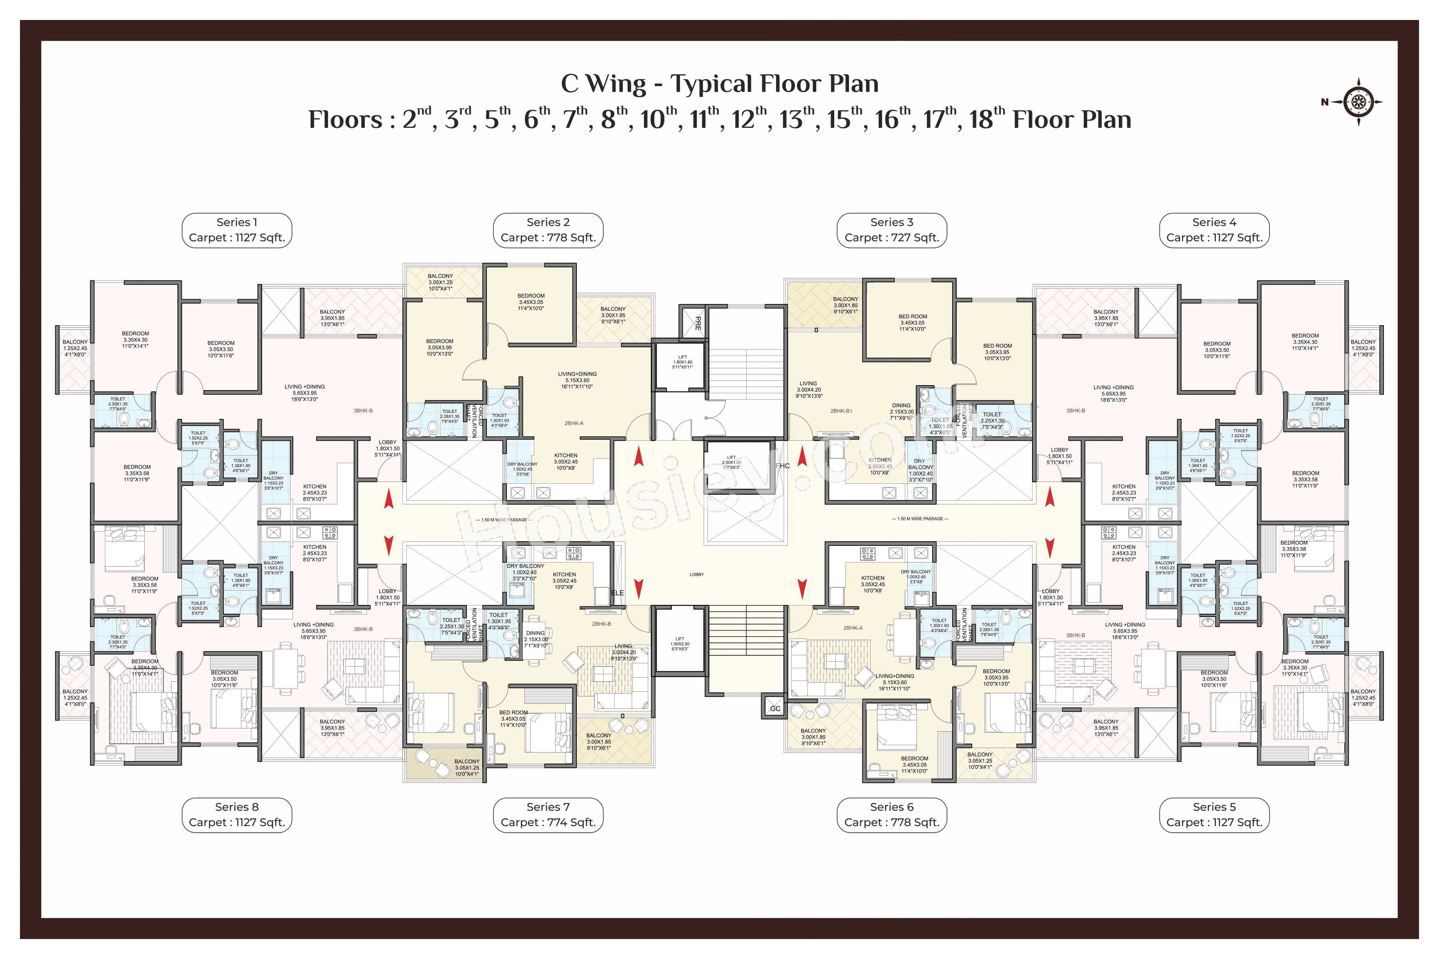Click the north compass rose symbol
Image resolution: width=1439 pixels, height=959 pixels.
tap(1358, 101)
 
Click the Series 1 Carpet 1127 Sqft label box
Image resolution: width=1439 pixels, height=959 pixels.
tap(237, 230)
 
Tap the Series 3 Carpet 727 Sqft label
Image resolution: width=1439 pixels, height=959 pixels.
tap(891, 230)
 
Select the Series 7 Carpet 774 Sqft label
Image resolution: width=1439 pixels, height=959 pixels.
tap(548, 815)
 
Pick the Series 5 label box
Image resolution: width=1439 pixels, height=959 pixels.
tap(1214, 815)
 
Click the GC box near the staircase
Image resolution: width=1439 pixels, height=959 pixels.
tap(775, 708)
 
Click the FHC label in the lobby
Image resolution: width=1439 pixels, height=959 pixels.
tap(783, 466)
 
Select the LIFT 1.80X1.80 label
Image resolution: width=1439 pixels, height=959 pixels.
tap(682, 362)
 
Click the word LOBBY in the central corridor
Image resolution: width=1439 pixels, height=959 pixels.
tap(696, 574)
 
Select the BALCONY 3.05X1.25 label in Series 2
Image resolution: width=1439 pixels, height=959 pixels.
tap(440, 282)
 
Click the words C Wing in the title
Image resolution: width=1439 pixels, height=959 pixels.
tap(603, 84)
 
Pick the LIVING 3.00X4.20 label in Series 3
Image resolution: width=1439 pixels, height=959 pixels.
tap(808, 390)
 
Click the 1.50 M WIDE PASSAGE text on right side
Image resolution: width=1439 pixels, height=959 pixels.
tap(920, 519)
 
